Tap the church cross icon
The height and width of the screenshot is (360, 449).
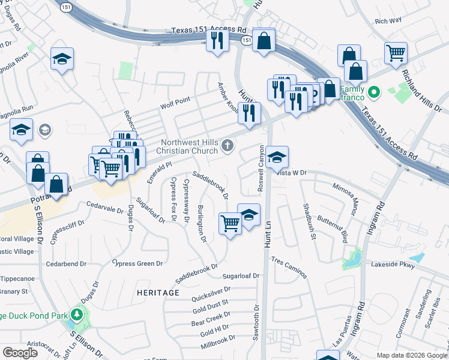pyautogui.click(x=228, y=145)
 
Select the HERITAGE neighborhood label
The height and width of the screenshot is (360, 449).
pyautogui.click(x=158, y=292)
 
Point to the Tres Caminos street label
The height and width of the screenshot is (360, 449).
pyautogui.click(x=289, y=268)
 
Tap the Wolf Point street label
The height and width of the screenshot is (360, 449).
pyautogui.click(x=175, y=103)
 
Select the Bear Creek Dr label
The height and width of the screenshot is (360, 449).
pyautogui.click(x=211, y=318)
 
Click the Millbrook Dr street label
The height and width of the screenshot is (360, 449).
pyautogui.click(x=218, y=343)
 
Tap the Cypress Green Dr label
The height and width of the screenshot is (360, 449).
pyautogui.click(x=139, y=263)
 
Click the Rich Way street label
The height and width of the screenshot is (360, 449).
pyautogui.click(x=388, y=21)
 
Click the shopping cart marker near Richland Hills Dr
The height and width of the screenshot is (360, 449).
pyautogui.click(x=396, y=53)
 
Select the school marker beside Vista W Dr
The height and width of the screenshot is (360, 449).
pyautogui.click(x=277, y=158)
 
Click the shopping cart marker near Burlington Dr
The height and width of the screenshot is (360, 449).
pyautogui.click(x=230, y=224)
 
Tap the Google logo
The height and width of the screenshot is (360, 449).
pyautogui.click(x=20, y=353)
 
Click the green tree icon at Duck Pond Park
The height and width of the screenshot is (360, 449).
pyautogui.click(x=77, y=314)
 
